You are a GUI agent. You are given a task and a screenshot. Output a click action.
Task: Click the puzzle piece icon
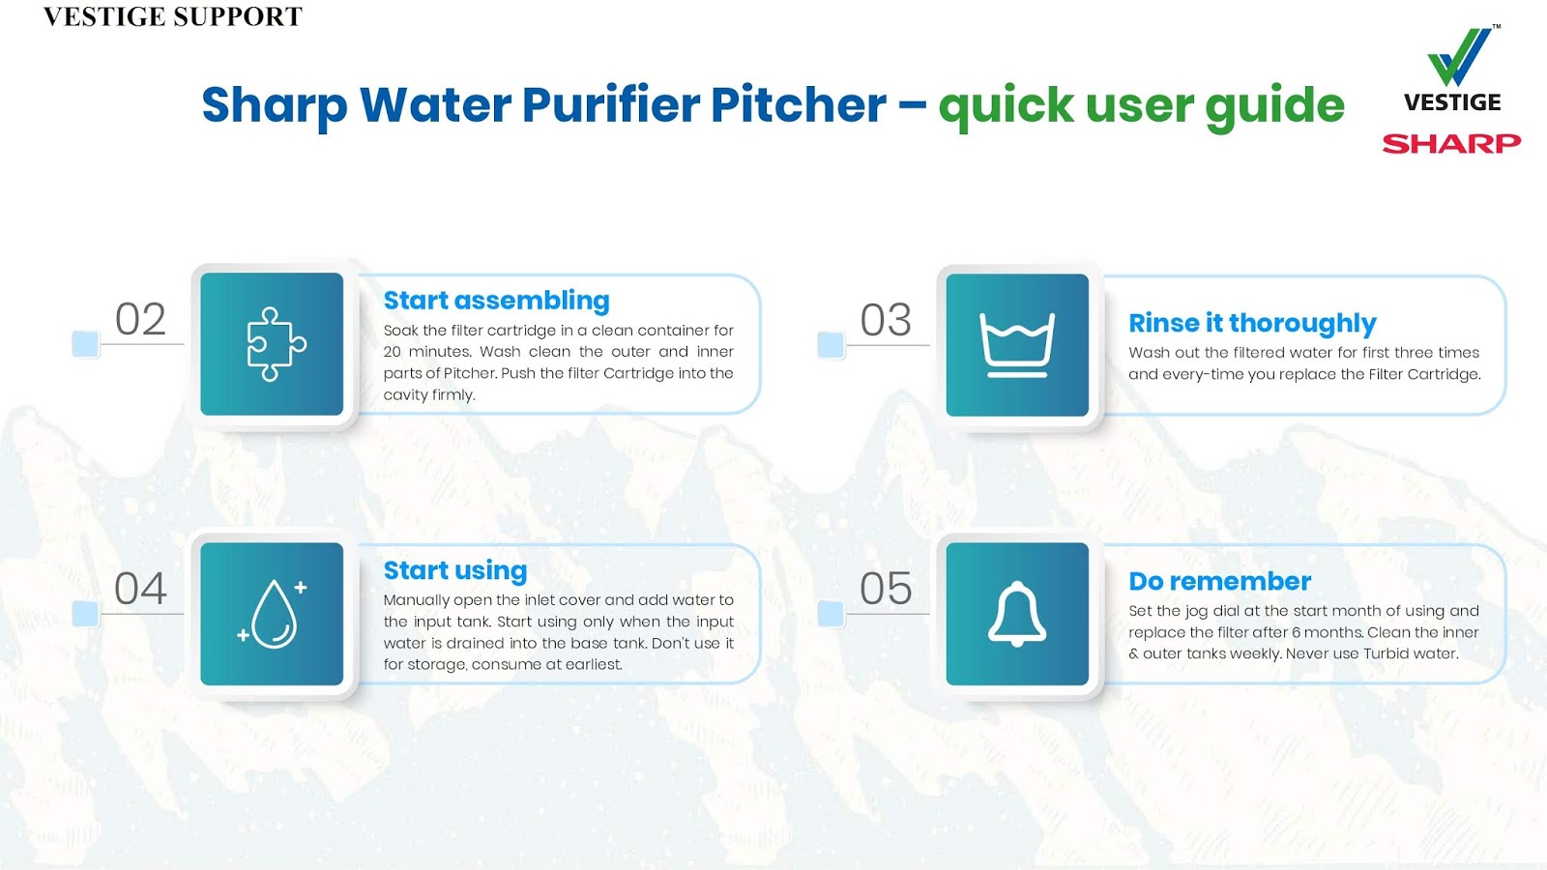tap(276, 344)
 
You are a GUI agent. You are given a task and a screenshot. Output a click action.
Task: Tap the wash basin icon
tap(1017, 345)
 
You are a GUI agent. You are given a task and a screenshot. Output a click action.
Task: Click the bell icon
tap(1017, 614)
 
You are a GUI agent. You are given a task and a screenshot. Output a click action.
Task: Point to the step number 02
tap(140, 319)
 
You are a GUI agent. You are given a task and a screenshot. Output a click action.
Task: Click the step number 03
tap(886, 320)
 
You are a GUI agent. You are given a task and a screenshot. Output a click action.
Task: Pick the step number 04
tap(140, 589)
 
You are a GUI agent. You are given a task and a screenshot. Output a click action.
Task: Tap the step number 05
tap(886, 589)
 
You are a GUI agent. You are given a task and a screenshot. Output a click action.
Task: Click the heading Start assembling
tap(496, 301)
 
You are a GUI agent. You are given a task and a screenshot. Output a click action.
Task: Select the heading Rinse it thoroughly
tap(1252, 323)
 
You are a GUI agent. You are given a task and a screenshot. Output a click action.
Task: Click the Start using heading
tap(454, 570)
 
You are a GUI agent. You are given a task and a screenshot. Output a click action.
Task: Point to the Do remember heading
tap(1219, 581)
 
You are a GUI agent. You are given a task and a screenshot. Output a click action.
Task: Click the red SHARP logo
tap(1451, 144)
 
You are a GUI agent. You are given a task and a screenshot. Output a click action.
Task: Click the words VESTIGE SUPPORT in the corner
tap(173, 16)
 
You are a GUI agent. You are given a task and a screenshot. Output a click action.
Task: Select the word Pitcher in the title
tap(798, 104)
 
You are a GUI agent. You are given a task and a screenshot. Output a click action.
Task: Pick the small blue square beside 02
tap(85, 343)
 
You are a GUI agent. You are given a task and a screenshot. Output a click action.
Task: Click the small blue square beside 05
tap(831, 613)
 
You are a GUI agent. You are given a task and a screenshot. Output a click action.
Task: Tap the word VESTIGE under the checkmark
tap(1452, 102)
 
